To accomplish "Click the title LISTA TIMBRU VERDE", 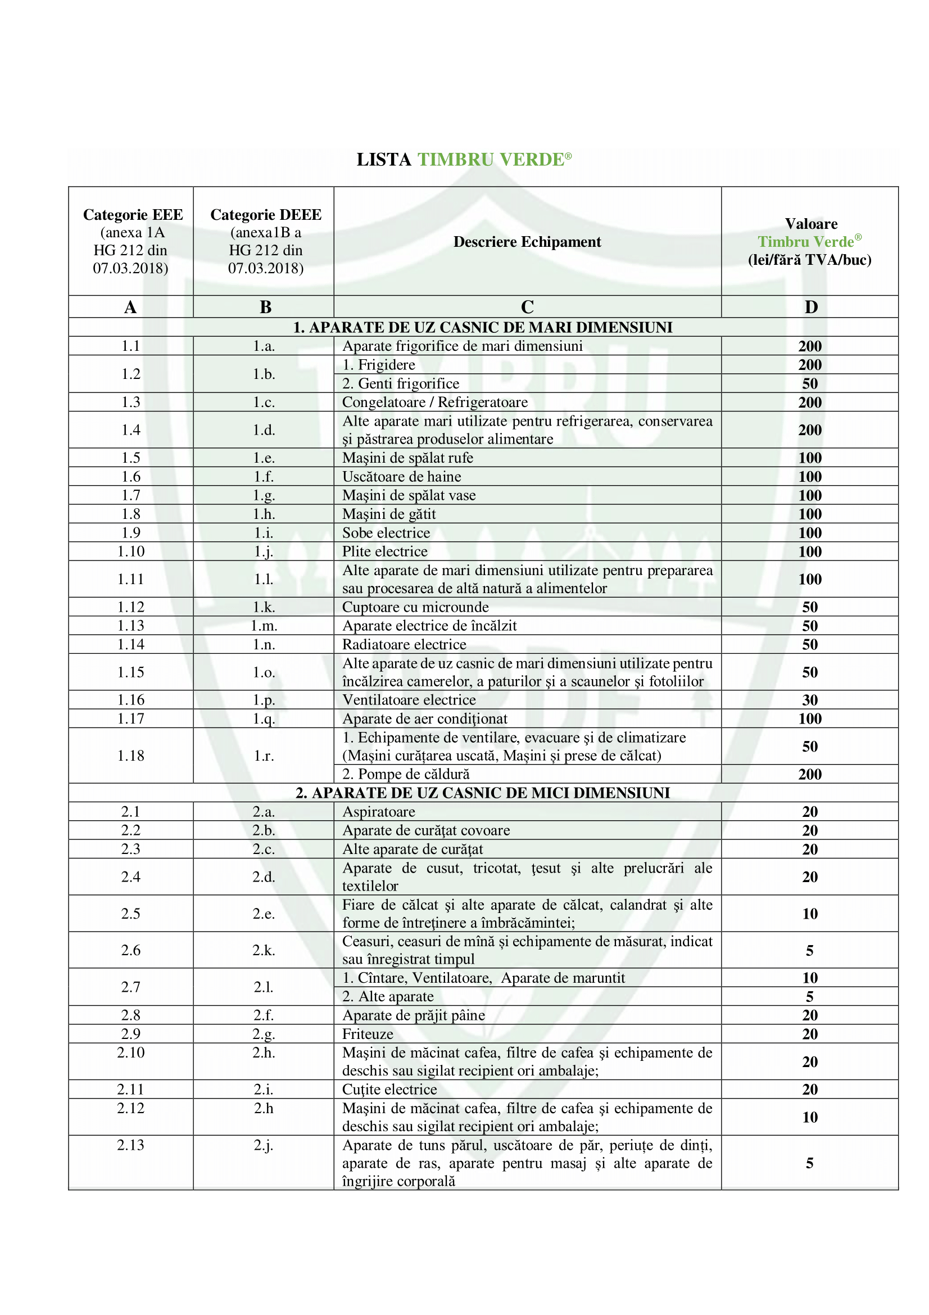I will [x=464, y=160].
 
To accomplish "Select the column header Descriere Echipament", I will [x=527, y=242].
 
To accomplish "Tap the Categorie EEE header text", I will [x=133, y=215].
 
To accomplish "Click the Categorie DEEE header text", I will [x=266, y=215].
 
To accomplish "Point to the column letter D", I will [x=810, y=308].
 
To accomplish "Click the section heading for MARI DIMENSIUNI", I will [x=483, y=328].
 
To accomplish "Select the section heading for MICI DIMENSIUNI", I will [x=483, y=793].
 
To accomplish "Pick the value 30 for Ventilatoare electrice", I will [x=809, y=700].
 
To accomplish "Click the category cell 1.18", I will [x=130, y=756].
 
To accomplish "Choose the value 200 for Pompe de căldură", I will [x=809, y=774].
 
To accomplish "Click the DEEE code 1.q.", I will [x=264, y=719].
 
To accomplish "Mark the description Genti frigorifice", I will [x=401, y=384].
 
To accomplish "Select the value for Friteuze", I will [x=809, y=1034].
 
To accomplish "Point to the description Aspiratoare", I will [x=379, y=812].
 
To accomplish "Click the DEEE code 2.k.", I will [x=264, y=951].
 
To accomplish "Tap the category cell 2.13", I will [x=130, y=1145].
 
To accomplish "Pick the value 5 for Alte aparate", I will [x=809, y=997].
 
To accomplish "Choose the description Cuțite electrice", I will [x=389, y=1090].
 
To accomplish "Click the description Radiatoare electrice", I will [x=404, y=645].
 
